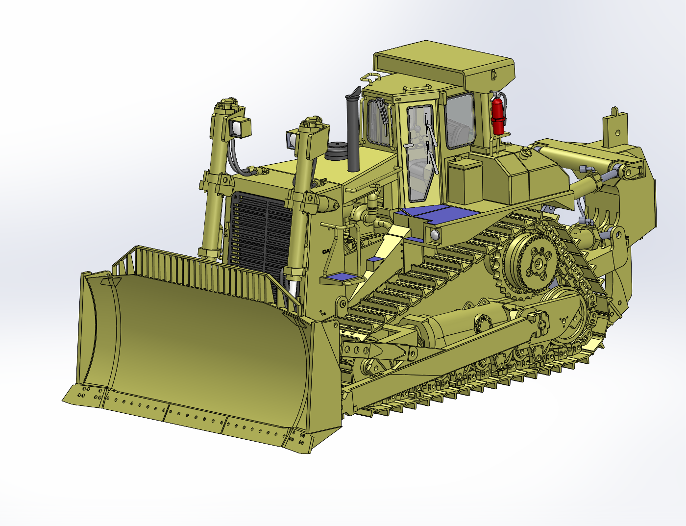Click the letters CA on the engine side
pyautogui.click(x=326, y=251)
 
